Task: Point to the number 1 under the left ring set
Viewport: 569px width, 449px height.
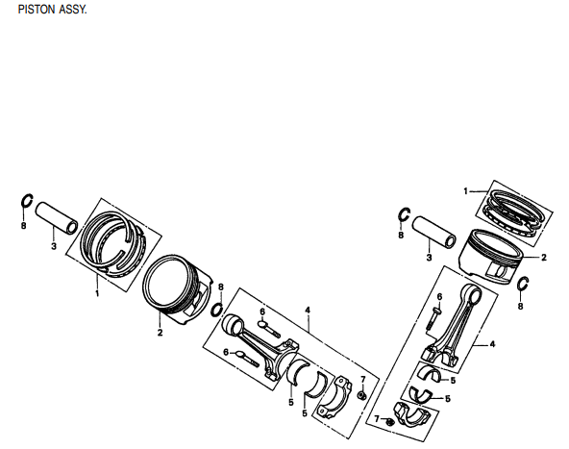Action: tap(97, 292)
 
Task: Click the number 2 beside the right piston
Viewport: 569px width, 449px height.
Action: tap(543, 257)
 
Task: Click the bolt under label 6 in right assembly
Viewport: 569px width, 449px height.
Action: tap(436, 314)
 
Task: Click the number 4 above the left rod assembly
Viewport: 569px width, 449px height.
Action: tap(307, 310)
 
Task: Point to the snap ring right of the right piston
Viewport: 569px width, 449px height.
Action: tap(524, 285)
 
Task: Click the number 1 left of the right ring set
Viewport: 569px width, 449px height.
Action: tap(465, 190)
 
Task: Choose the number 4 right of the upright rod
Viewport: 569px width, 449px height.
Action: tap(491, 343)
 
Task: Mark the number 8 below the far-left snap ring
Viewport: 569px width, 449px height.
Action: tap(23, 227)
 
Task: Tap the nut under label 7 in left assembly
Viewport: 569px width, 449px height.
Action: tap(360, 395)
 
